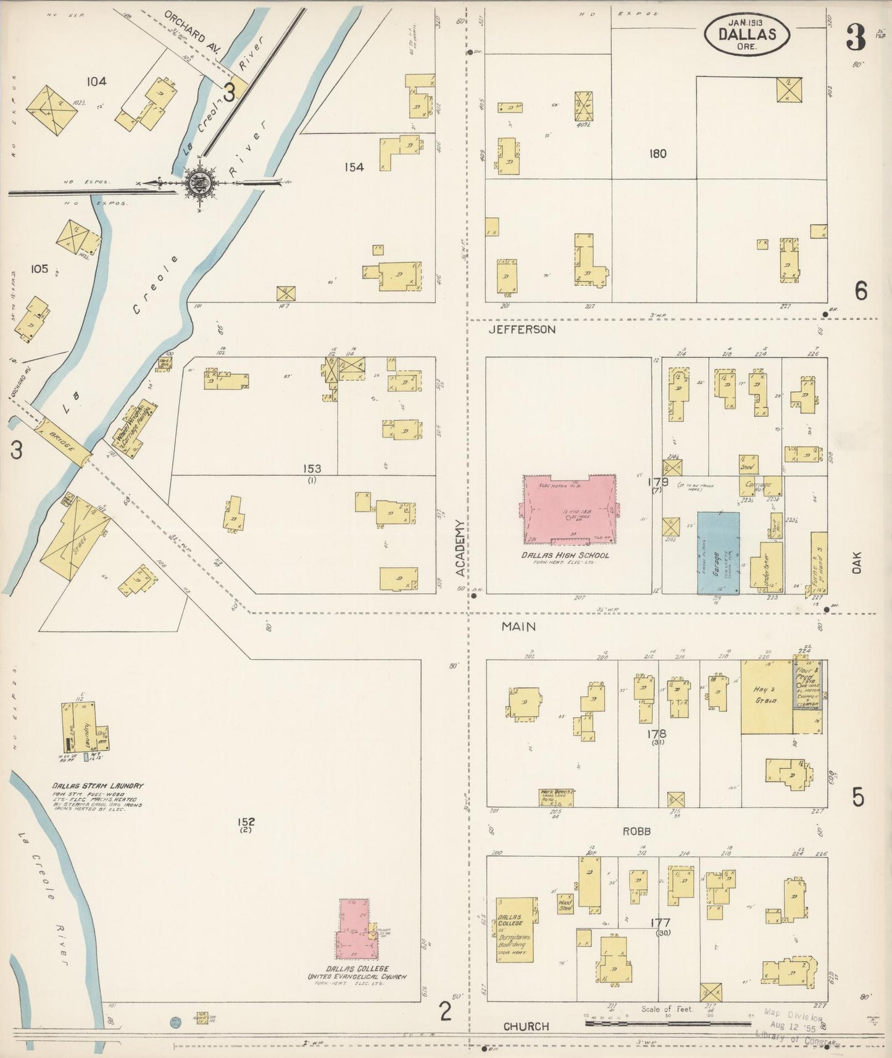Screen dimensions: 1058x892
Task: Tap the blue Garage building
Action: [x=719, y=553]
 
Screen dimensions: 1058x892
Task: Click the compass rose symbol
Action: [x=201, y=182]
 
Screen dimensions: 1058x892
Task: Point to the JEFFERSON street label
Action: [x=522, y=330]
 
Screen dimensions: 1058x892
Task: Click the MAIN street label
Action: [x=518, y=627]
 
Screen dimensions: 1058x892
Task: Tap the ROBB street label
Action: [x=636, y=831]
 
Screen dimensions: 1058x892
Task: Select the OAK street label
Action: [x=856, y=562]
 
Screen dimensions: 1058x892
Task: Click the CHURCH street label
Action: [x=526, y=1027]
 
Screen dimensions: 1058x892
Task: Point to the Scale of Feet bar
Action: [x=648, y=1023]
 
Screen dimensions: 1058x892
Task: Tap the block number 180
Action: [x=657, y=154]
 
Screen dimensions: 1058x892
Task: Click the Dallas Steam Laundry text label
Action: [x=98, y=786]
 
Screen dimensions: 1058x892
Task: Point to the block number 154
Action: [x=354, y=167]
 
